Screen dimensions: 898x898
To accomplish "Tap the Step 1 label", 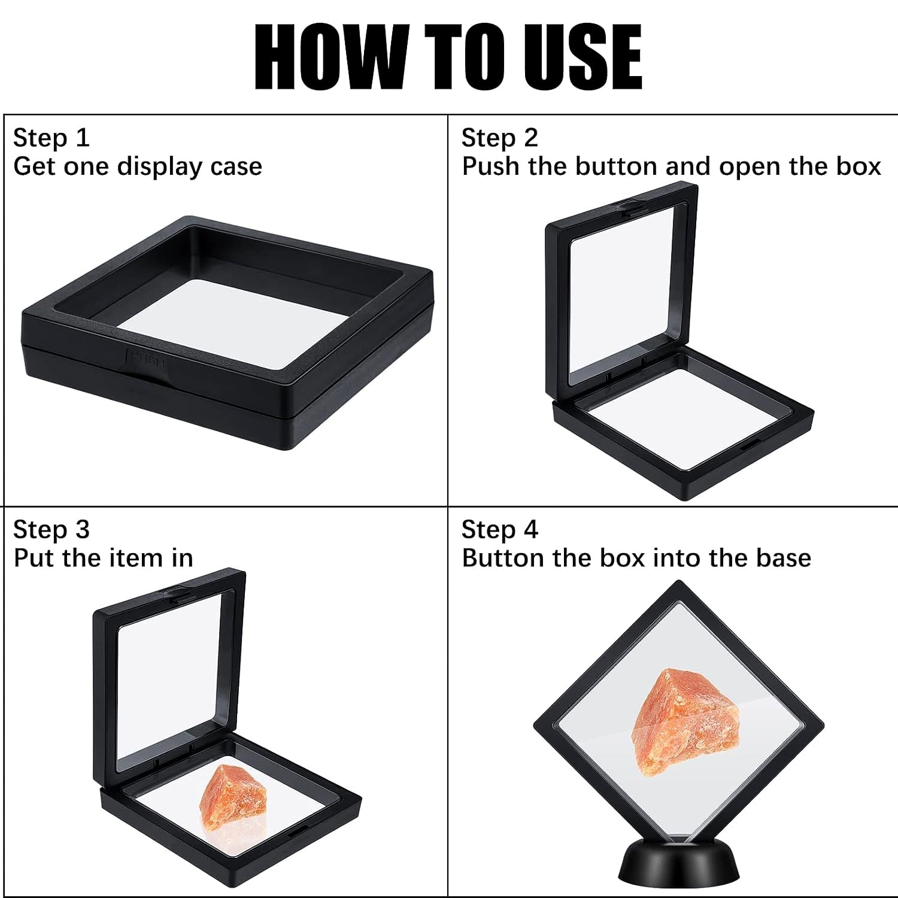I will (x=51, y=138).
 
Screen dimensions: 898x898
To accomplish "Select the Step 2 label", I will (x=499, y=138).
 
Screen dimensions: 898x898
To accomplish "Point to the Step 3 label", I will (x=51, y=530).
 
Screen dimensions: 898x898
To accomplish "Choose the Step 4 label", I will (x=499, y=530).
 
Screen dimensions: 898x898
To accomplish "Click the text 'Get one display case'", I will (x=137, y=166).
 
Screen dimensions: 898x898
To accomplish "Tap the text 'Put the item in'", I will (x=103, y=558).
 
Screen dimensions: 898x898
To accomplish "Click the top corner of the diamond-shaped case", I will (x=678, y=585).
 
